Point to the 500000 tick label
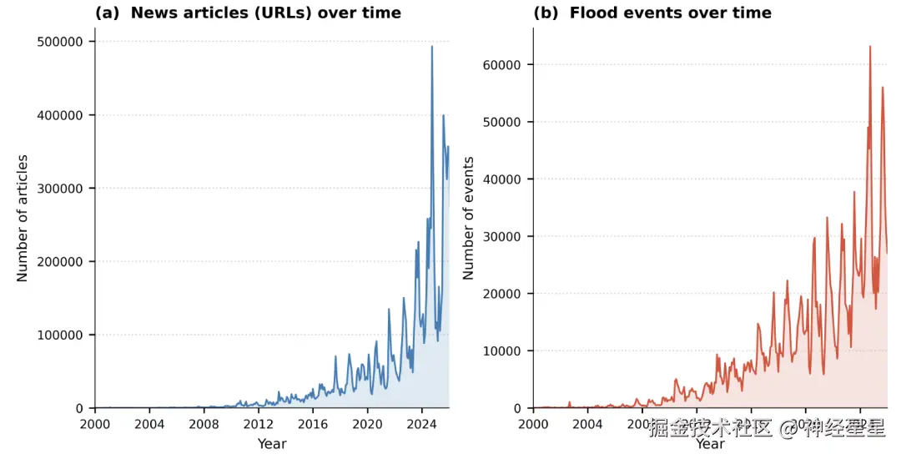[61, 42]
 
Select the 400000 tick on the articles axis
[61, 115]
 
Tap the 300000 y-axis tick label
[61, 189]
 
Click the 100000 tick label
[61, 335]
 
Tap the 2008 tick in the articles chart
[204, 424]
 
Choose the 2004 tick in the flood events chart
[587, 424]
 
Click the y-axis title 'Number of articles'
[23, 218]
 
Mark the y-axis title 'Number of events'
[468, 218]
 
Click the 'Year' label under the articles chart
[272, 444]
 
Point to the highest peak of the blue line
[431, 47]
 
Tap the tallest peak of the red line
[870, 47]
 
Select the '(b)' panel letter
[546, 13]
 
